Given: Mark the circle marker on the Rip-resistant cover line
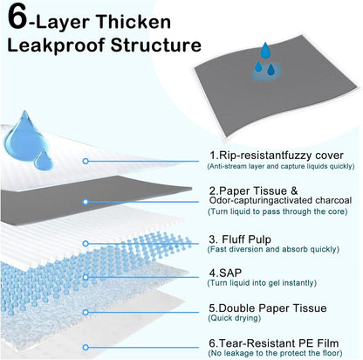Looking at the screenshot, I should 86,161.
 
